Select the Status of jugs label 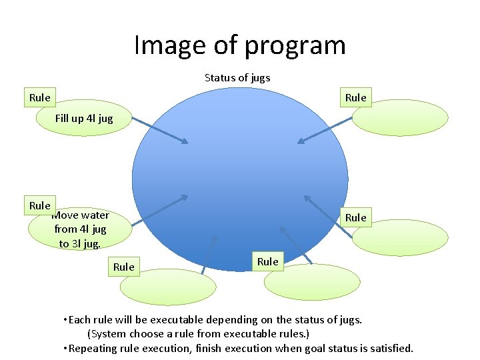coord(237,78)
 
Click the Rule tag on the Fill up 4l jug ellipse coord(40,98)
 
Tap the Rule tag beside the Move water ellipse coord(40,206)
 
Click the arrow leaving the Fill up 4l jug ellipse coord(160,131)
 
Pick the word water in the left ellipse coord(94,215)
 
